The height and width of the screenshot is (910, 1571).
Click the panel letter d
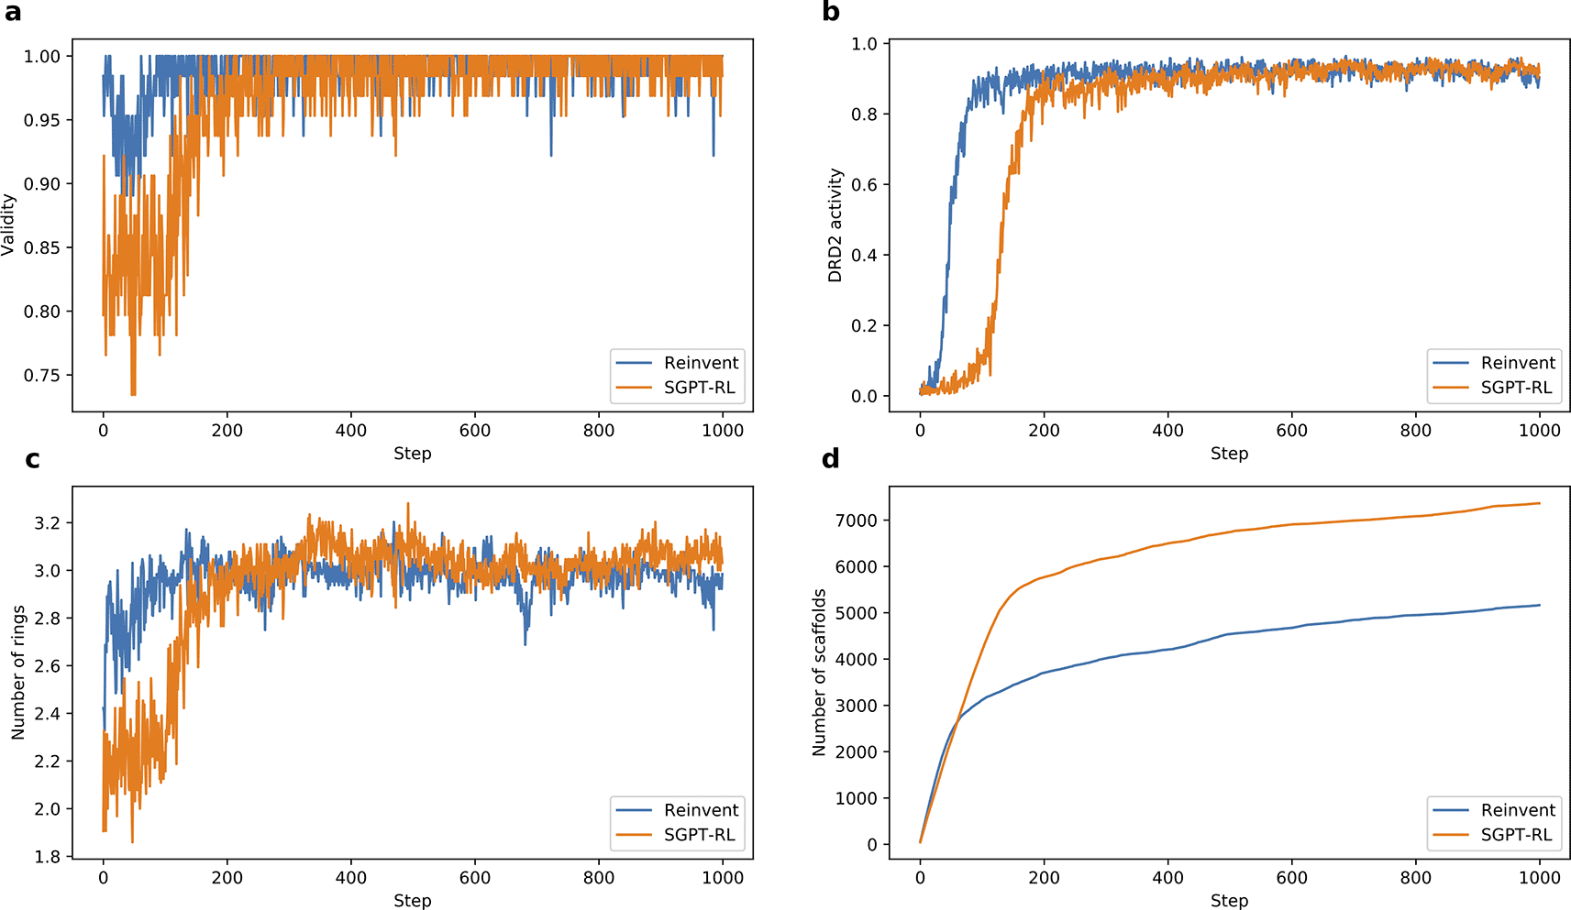831,459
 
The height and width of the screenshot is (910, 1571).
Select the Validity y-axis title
8,225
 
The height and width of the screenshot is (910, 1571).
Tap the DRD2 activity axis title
835,225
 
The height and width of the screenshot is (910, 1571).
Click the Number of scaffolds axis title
819,672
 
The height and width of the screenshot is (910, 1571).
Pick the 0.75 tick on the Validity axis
41,375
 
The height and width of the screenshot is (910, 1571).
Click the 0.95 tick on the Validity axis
41,120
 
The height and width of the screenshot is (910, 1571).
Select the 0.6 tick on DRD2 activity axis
864,185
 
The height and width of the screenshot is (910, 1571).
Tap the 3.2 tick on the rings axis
47,523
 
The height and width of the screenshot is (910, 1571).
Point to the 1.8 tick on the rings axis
47,857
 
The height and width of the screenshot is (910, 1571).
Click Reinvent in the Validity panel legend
701,363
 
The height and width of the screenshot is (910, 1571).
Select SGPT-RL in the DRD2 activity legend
1516,388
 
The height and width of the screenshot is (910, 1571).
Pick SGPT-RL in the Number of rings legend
699,835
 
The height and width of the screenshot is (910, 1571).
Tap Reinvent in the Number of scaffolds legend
1518,810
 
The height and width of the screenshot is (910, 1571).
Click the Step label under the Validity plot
412,454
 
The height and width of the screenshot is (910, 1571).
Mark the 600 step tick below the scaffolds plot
1291,878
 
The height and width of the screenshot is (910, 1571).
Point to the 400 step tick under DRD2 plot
1167,431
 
